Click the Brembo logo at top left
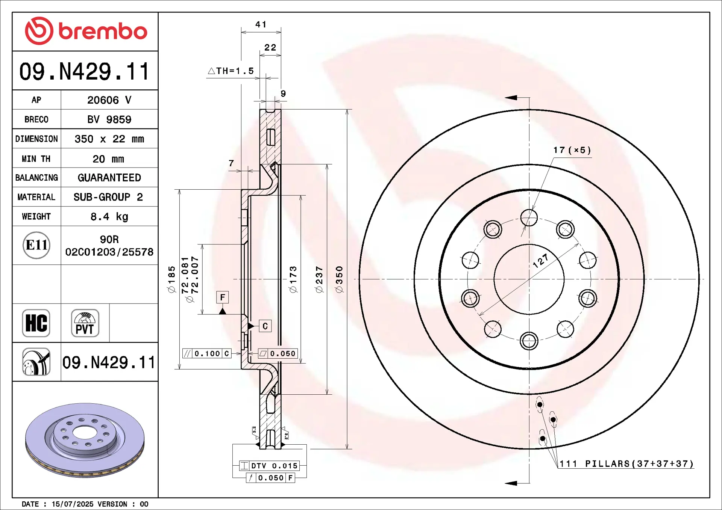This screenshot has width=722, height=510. coord(86,31)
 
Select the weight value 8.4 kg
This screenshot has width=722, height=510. coord(109,217)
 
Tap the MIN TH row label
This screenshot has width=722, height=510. coord(36,159)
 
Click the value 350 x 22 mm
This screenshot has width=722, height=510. coord(109,139)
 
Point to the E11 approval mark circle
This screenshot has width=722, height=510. coord(36,245)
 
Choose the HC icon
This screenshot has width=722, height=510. coord(36,323)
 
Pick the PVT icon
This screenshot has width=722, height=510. coord(85,323)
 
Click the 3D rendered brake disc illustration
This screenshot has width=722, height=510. coord(85,440)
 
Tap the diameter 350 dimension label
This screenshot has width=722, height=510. coord(339,279)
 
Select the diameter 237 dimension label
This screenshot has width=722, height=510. coord(319,279)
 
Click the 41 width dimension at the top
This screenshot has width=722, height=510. coord(261,24)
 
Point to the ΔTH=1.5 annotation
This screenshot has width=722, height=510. coord(231,71)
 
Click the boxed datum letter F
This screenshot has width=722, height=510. coord(223,297)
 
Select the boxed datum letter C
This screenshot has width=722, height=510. coord(265,326)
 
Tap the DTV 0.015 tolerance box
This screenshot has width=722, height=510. coord(269,466)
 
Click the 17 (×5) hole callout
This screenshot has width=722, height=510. coord(572,150)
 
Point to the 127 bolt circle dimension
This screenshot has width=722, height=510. coord(541,261)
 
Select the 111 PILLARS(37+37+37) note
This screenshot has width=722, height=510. coord(626,464)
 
